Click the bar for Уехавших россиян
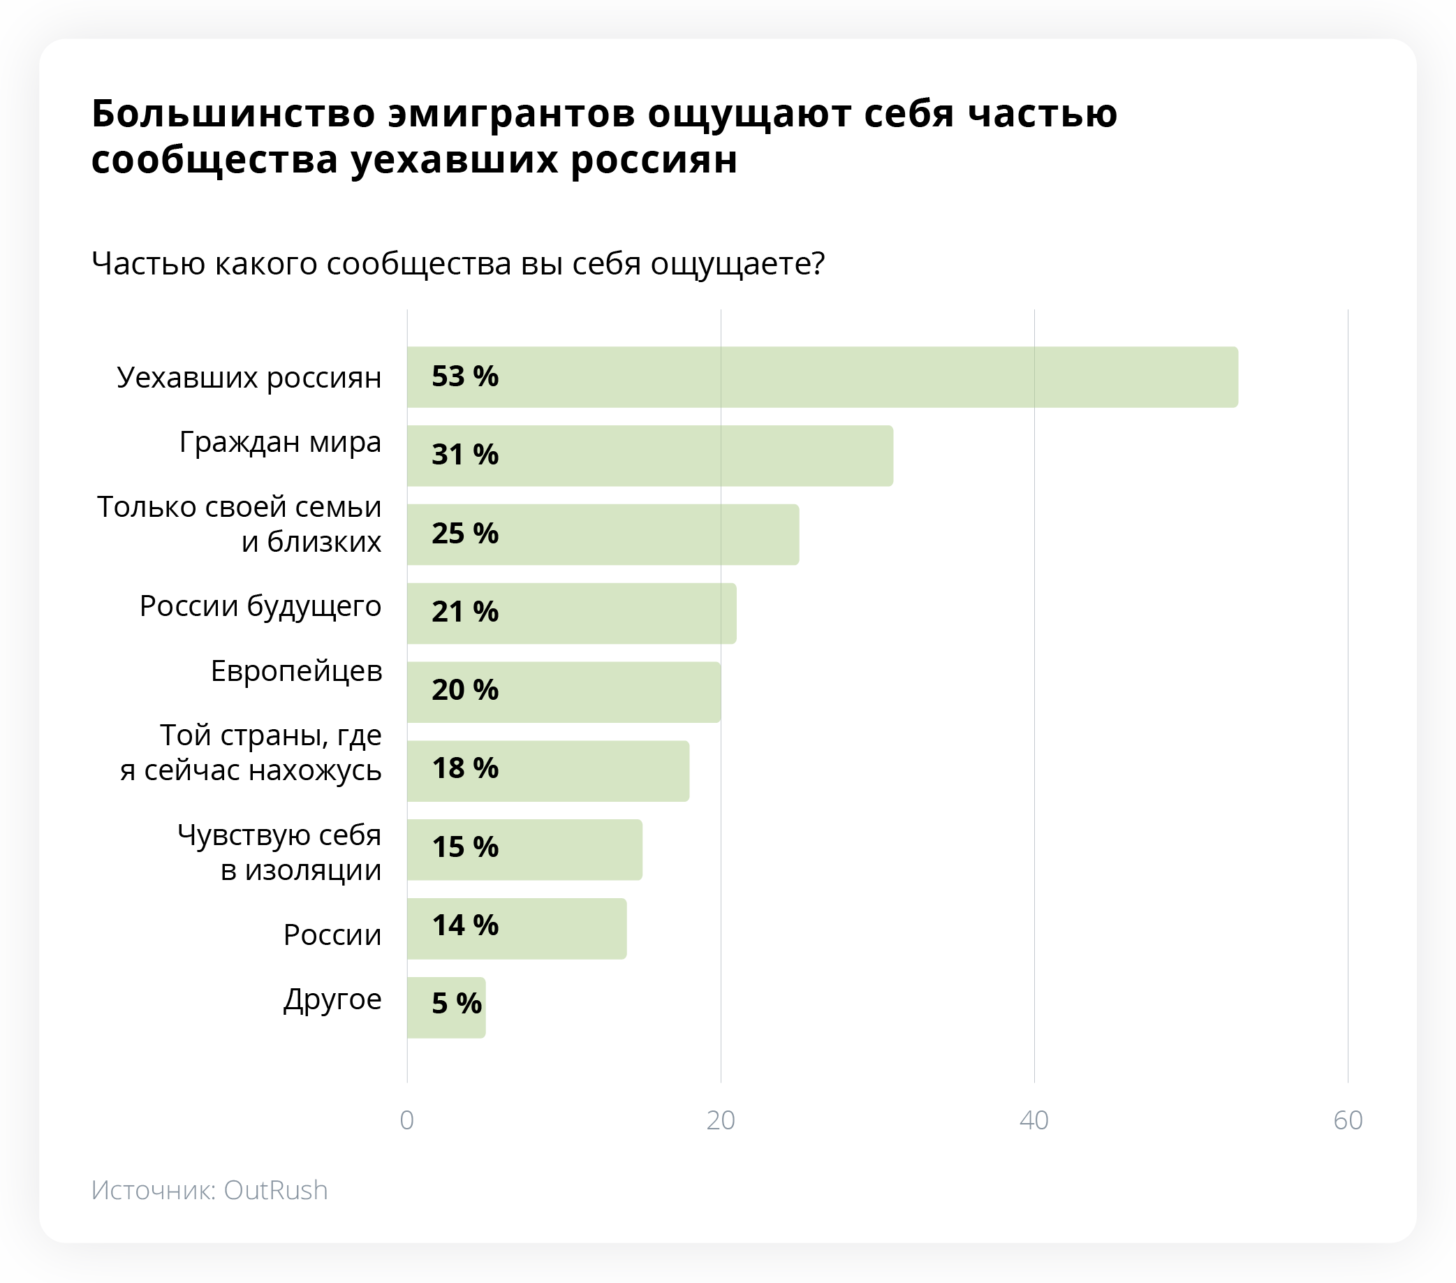point(822,377)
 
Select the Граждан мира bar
point(649,456)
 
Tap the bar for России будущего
point(571,613)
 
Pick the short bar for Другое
point(446,1007)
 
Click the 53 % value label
point(465,376)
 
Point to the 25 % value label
point(465,534)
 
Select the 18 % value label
point(465,769)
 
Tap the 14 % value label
point(465,925)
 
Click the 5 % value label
point(457,1004)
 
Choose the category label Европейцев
point(296,671)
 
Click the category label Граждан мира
point(280,442)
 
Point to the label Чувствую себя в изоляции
point(279,852)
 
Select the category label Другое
point(332,999)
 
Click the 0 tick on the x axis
point(406,1120)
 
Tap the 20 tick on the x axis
point(721,1120)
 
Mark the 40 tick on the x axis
point(1034,1120)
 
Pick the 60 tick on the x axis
point(1348,1120)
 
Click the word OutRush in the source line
point(276,1190)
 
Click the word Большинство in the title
point(233,113)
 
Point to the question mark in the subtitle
point(818,263)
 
